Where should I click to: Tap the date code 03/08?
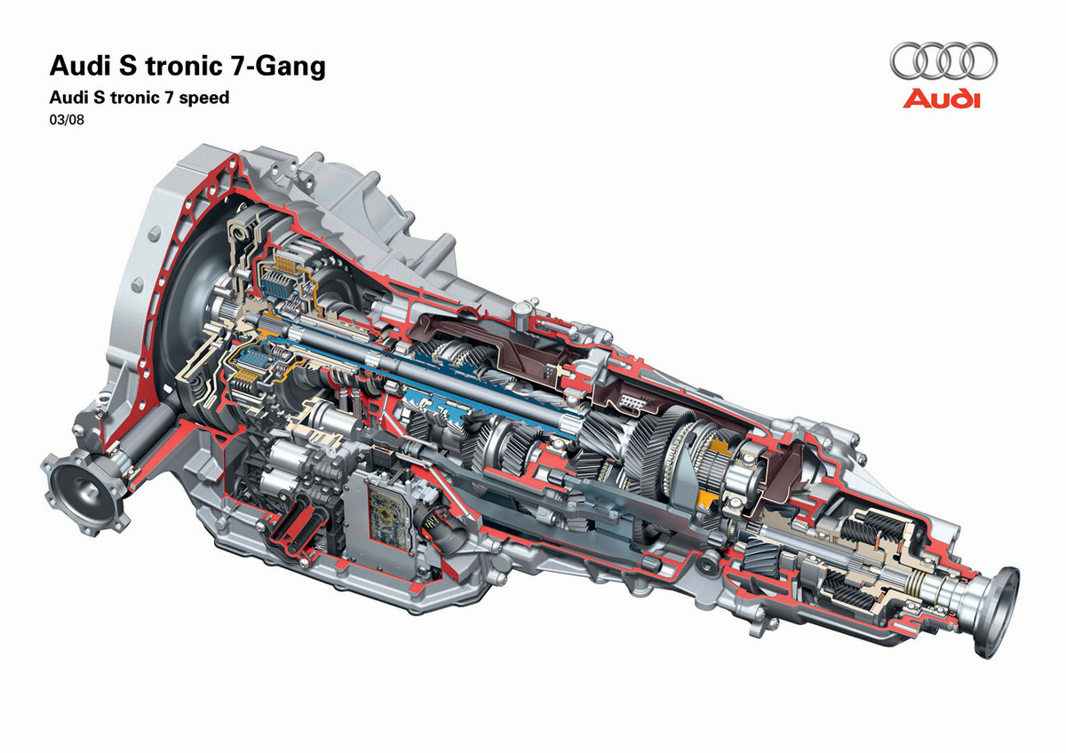pyautogui.click(x=67, y=119)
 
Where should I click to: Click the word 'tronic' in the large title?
pyautogui.click(x=184, y=66)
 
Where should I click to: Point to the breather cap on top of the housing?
pyautogui.click(x=523, y=310)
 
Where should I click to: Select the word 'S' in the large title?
pyautogui.click(x=127, y=66)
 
